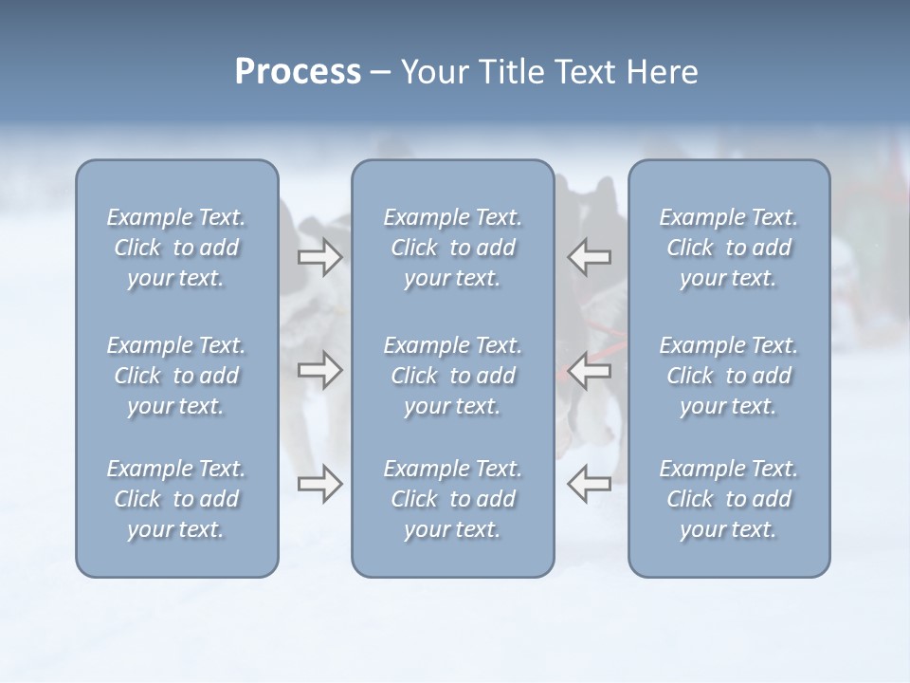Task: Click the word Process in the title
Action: tap(298, 72)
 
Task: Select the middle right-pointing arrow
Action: tap(320, 370)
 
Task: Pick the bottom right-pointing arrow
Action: tap(320, 484)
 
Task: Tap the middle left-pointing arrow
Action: tap(589, 370)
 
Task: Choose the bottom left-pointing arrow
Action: tap(589, 484)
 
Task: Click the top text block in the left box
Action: tap(176, 248)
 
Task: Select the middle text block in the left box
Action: tap(176, 376)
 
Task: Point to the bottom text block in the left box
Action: tap(176, 499)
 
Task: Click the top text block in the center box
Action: tap(453, 248)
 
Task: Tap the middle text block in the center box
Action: tap(453, 376)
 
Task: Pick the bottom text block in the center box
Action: tap(453, 499)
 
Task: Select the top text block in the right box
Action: tap(729, 248)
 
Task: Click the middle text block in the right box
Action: tap(729, 376)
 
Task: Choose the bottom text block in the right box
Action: tap(729, 499)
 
